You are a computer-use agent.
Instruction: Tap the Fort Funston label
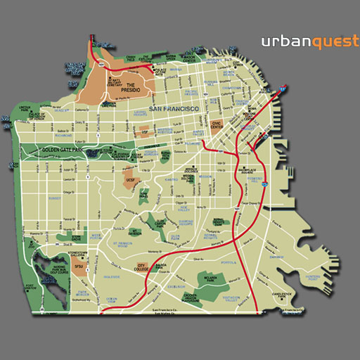click(x=30, y=286)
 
